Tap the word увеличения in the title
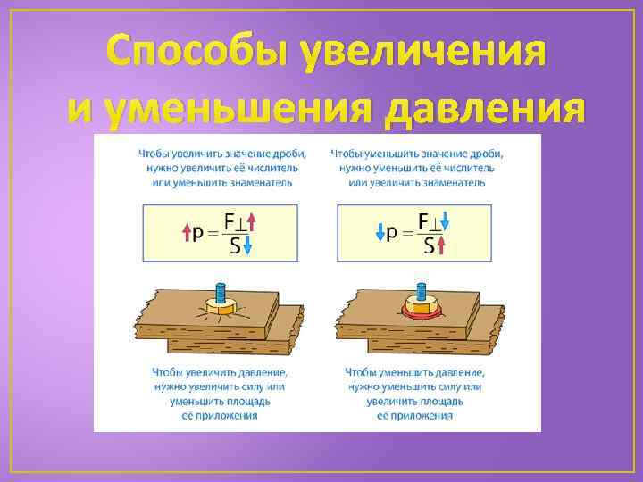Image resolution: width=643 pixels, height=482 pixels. pos(423,55)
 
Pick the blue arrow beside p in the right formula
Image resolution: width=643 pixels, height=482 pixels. pos(379,233)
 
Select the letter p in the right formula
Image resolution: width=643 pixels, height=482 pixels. pos(392,233)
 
